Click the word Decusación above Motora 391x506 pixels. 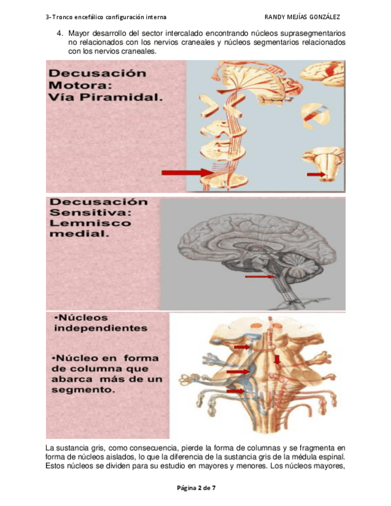click(97, 73)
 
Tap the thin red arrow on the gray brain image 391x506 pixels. click(259, 277)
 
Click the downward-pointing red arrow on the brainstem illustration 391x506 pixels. click(276, 360)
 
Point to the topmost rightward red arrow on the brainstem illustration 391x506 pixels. click(242, 347)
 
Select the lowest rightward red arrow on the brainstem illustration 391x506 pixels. click(235, 391)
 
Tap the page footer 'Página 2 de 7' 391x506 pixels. click(196, 488)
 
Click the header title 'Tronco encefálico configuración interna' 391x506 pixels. click(110, 16)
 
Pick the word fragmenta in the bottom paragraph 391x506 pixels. click(309, 448)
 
